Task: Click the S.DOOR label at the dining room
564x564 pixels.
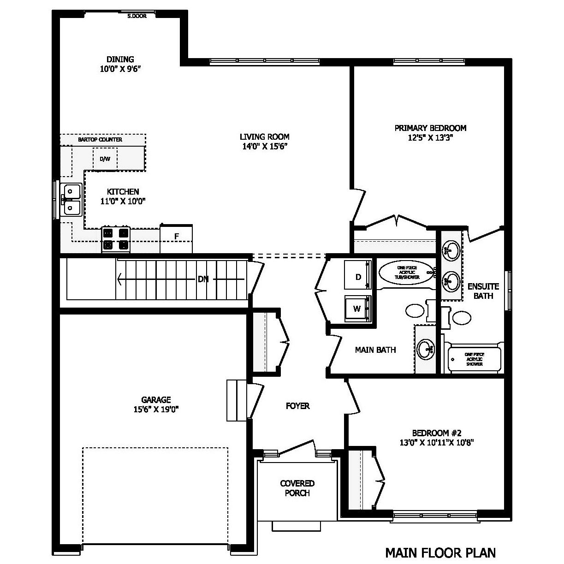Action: (137, 16)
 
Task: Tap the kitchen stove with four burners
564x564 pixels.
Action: (116, 239)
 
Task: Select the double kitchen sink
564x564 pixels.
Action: (71, 200)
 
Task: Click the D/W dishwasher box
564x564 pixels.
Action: (105, 159)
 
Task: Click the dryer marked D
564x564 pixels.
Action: (358, 276)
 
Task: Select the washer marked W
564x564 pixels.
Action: (357, 308)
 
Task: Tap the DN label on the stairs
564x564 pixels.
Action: (203, 279)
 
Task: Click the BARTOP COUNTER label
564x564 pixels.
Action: (100, 139)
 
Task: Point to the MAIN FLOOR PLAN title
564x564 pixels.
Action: (440, 552)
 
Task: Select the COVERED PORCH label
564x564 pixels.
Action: (297, 488)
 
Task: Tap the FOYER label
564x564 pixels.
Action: (297, 406)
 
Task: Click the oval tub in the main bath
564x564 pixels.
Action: (405, 273)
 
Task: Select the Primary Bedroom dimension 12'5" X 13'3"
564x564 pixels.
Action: (430, 137)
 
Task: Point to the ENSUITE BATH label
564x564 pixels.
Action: (483, 291)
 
